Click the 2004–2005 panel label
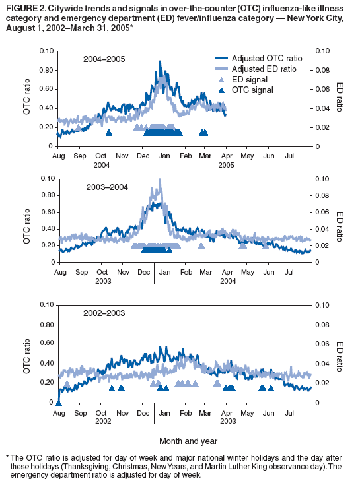coord(104,59)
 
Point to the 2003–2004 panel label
coord(107,187)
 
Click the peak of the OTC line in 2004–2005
coord(160,61)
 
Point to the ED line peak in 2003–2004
coord(159,180)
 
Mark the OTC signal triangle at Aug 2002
coord(58,403)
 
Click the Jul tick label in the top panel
coord(289,156)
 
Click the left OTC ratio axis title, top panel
coord(27,98)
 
